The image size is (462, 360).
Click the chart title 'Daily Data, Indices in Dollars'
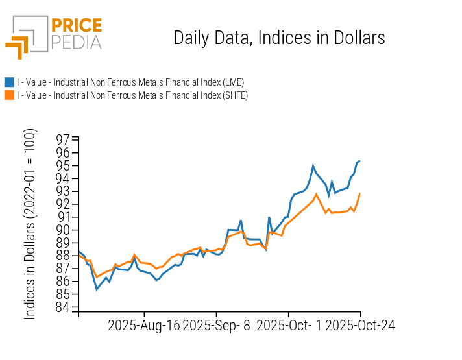279,38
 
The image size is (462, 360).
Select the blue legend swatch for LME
9,82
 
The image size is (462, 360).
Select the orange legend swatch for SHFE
9,95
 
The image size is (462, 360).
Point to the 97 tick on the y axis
63,139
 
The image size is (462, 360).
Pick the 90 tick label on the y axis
63,230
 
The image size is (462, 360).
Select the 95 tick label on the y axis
63,165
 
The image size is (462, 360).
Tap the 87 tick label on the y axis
63,269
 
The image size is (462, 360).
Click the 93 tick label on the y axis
63,191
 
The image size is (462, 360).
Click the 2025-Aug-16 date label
143,325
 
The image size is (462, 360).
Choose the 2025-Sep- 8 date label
217,325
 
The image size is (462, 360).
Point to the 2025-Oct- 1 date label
289,325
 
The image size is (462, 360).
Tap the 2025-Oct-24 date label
359,325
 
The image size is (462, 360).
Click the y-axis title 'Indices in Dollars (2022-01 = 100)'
30,224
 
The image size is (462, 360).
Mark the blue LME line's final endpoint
360,161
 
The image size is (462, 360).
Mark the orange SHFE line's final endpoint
360,193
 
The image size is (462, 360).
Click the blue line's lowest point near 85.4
97,289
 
